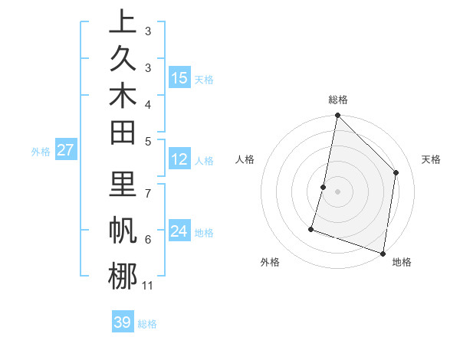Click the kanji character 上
[123, 22]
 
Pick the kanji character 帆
[123, 229]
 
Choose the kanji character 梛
[123, 275]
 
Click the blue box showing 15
[179, 78]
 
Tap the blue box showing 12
[179, 160]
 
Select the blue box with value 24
[179, 231]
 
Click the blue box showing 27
[65, 150]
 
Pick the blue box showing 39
[122, 322]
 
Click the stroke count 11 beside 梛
[148, 286]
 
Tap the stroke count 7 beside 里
[148, 192]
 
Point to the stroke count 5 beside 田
[148, 140]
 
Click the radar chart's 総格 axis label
[337, 100]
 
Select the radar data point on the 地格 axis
[383, 254]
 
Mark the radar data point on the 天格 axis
[396, 172]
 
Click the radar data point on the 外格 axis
[311, 228]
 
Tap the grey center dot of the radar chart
[337, 191]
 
